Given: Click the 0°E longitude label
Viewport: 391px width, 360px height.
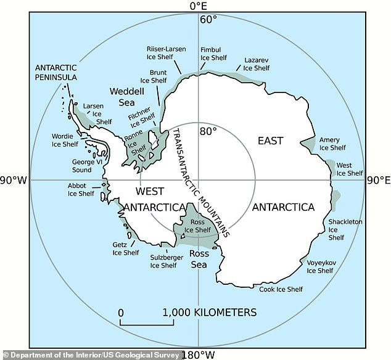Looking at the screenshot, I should (198, 6).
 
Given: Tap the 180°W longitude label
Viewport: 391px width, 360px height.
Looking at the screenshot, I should (198, 354).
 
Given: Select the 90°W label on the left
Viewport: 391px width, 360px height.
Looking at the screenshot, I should (14, 181).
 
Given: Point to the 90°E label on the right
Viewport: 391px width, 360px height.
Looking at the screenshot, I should (379, 181).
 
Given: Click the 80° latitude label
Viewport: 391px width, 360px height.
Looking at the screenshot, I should (208, 131).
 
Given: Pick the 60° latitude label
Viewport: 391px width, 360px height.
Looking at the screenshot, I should (208, 19).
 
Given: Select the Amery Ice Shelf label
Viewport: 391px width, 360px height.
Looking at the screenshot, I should (332, 144).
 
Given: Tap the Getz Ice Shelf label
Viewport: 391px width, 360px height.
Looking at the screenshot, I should (126, 248).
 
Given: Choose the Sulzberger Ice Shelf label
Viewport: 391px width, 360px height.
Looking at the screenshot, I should (163, 262).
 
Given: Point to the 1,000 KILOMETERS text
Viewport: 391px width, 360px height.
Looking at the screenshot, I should (210, 313).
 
